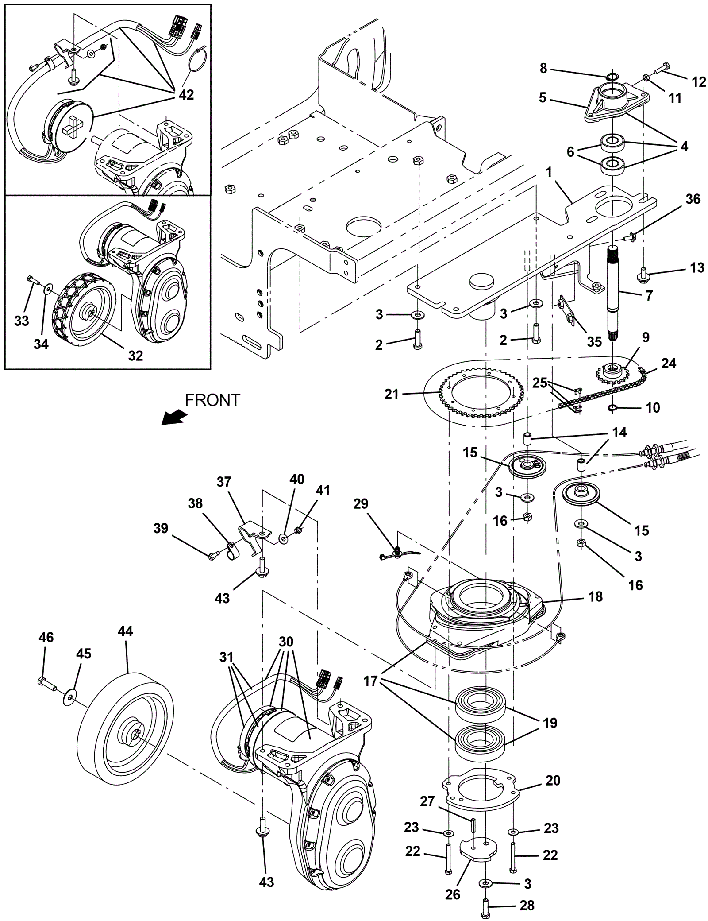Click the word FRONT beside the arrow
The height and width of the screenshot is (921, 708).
click(x=212, y=400)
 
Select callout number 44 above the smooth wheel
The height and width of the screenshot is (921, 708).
click(x=125, y=631)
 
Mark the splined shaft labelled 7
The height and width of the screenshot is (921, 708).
click(x=617, y=292)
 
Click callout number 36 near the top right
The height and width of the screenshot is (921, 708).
click(x=693, y=199)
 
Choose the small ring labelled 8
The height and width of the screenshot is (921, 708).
click(x=612, y=77)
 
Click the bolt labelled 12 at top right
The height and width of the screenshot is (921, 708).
click(x=659, y=70)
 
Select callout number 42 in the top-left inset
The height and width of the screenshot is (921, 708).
click(x=186, y=95)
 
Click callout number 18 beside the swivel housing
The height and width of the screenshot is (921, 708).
click(x=596, y=597)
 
